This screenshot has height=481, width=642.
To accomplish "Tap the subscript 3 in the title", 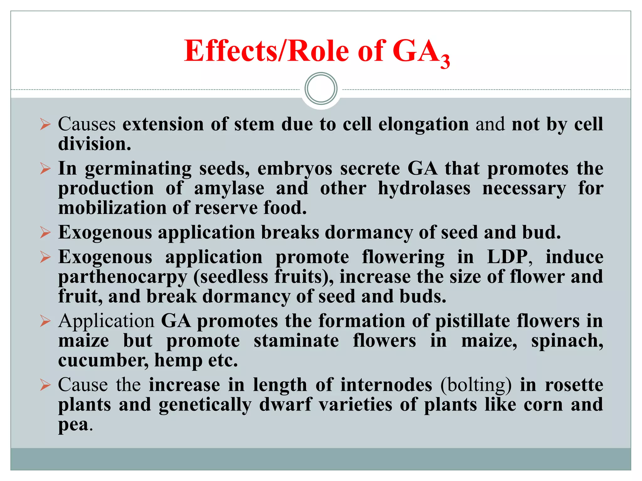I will (445, 61).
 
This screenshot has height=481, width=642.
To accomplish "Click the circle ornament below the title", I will (321, 89).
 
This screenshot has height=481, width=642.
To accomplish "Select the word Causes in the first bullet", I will (87, 124).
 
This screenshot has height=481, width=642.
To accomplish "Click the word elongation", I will (424, 124).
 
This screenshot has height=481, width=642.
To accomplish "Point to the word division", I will (94, 144).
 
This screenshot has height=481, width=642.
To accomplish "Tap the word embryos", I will (295, 169).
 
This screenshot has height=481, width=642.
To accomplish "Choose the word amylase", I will (229, 189).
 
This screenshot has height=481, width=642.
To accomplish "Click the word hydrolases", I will (424, 189).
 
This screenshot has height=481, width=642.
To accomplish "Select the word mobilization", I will (113, 208).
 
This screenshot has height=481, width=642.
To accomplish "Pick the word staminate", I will (296, 341).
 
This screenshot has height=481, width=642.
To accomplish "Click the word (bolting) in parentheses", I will (476, 385).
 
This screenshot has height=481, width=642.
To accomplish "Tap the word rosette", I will (574, 385).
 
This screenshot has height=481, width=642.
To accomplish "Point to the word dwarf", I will (285, 405).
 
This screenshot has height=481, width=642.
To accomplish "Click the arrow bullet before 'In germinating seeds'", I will (45, 169).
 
